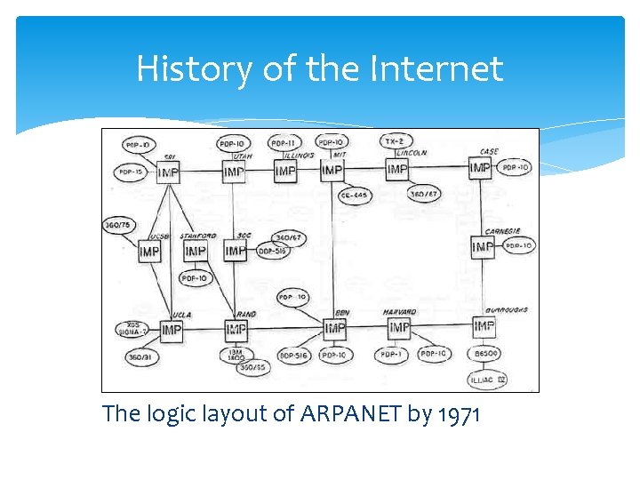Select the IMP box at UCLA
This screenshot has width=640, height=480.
click(170, 331)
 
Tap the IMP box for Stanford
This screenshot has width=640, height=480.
click(196, 252)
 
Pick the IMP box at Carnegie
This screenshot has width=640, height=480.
click(483, 247)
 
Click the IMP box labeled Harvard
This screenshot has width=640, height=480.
click(399, 329)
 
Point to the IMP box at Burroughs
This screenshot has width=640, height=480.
click(484, 328)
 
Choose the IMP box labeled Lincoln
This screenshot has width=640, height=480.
click(397, 169)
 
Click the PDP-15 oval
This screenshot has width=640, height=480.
click(129, 172)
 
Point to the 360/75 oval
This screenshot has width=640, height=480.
click(117, 226)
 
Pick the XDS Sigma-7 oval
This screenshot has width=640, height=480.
click(132, 329)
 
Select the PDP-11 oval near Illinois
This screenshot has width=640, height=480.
click(284, 142)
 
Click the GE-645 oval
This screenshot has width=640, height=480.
click(355, 195)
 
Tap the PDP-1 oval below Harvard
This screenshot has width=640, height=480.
click(388, 355)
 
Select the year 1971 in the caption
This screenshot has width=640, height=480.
click(460, 414)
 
